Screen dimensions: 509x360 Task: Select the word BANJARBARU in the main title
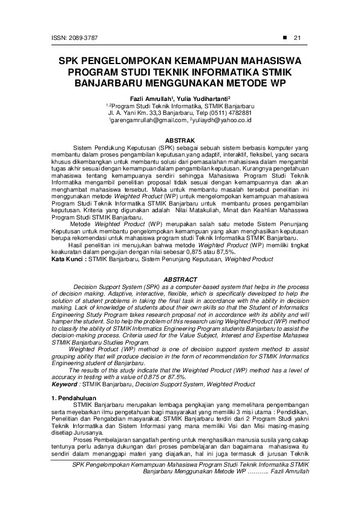pos(106,82)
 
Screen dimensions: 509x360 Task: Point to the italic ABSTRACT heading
pos(180,279)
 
